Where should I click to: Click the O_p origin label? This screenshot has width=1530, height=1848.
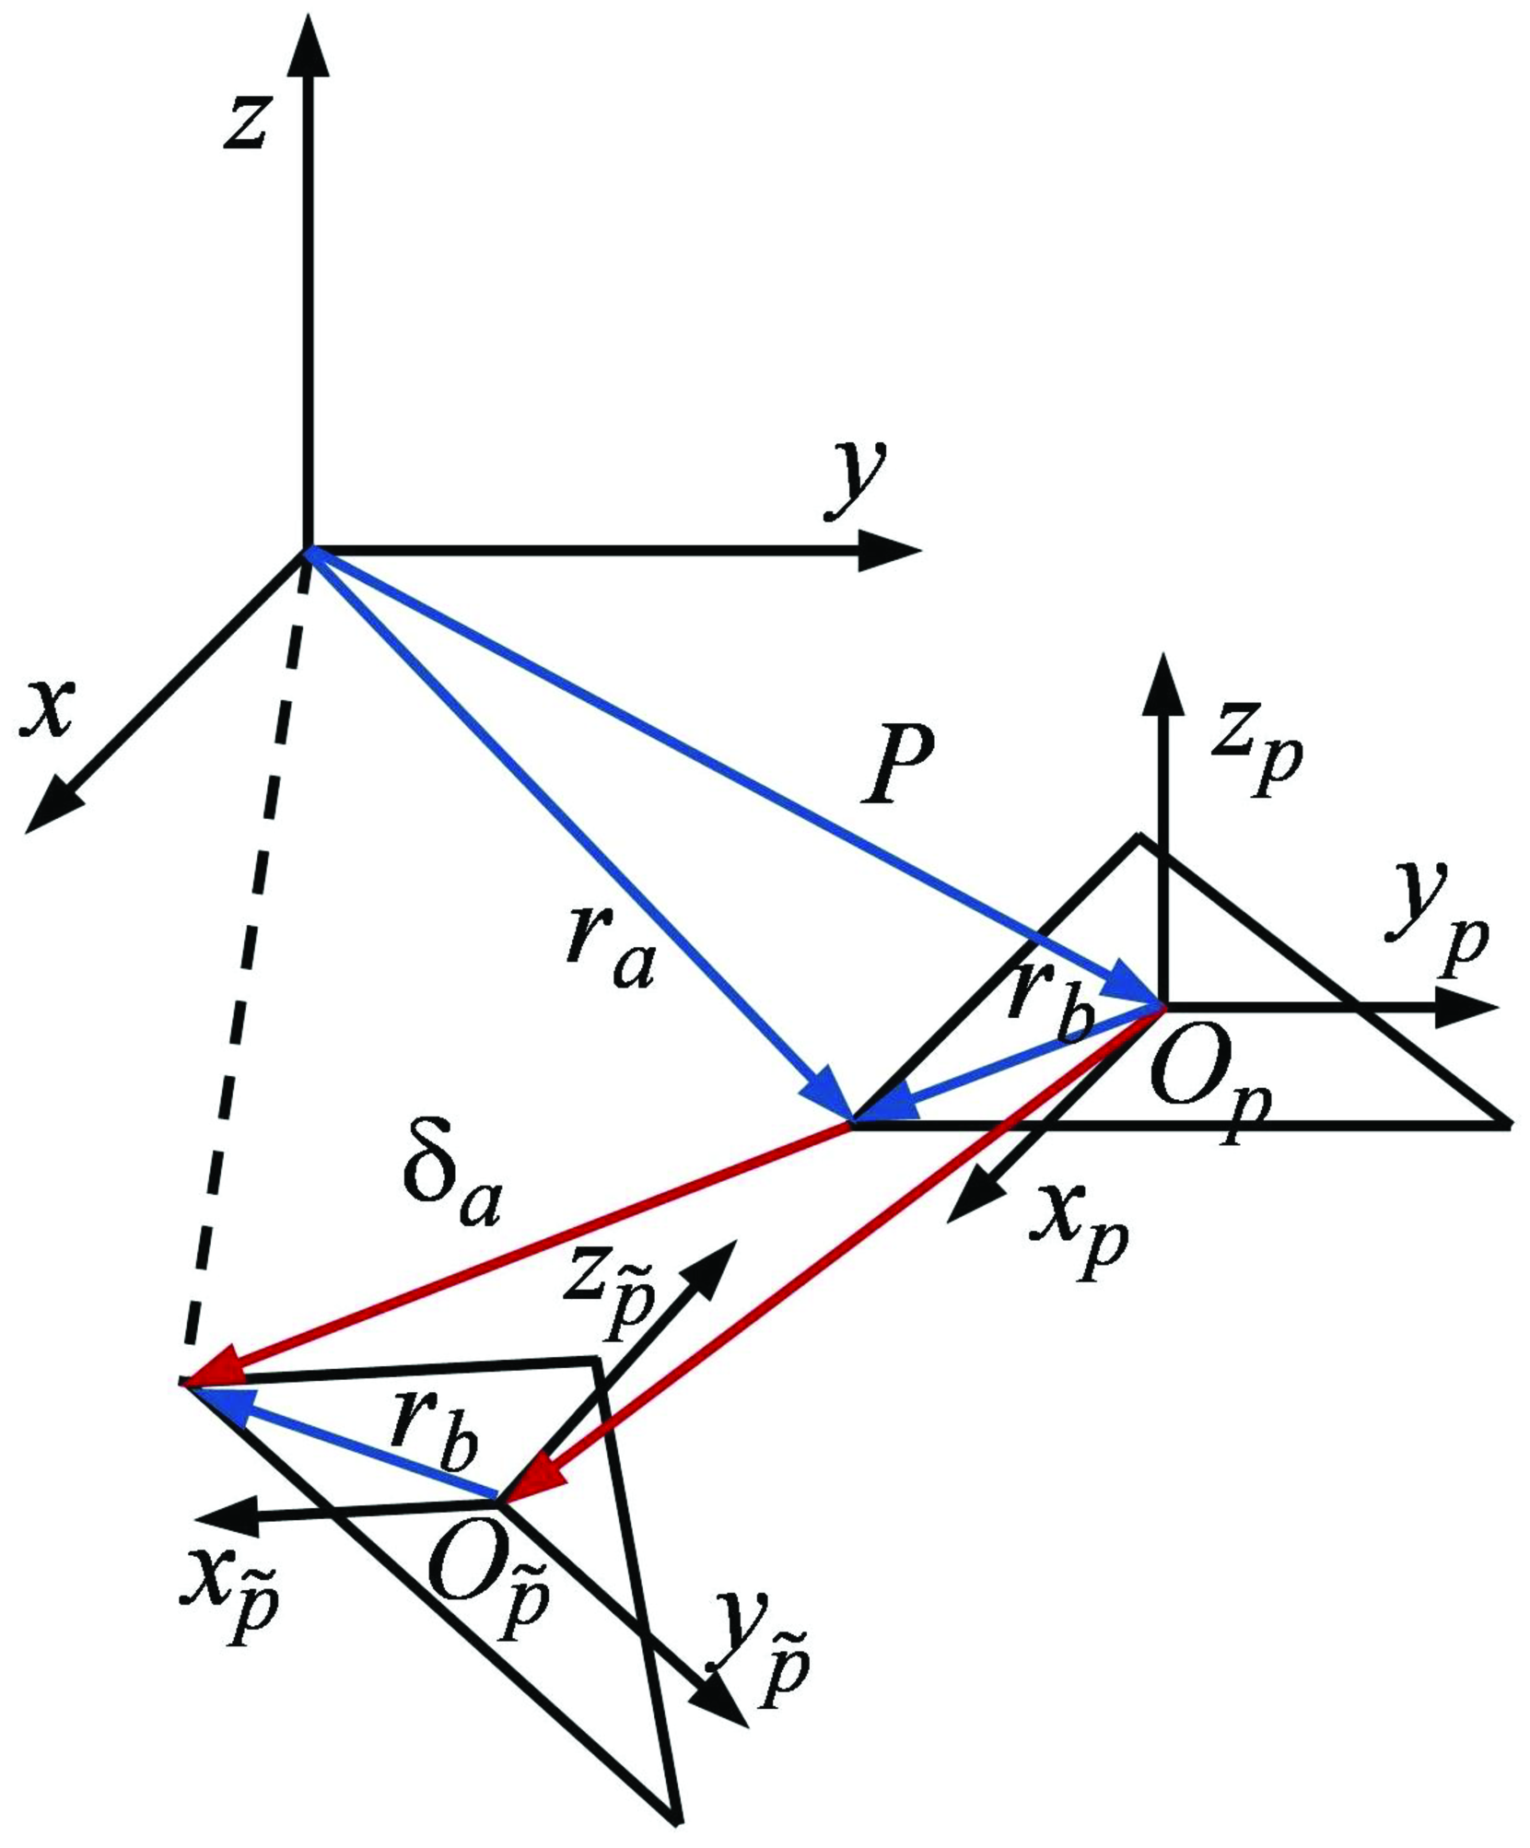pos(1209,1093)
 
